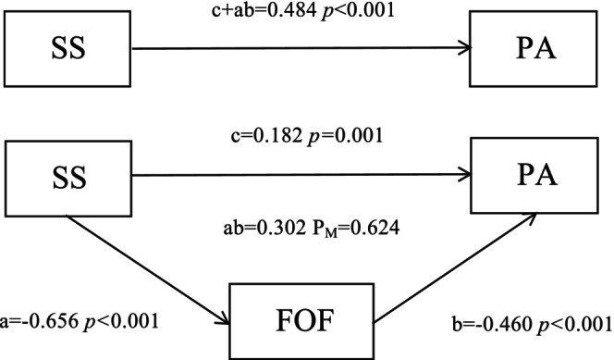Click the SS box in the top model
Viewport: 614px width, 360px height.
point(68,48)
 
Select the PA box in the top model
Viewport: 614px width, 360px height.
point(534,48)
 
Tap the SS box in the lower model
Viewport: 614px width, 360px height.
point(68,179)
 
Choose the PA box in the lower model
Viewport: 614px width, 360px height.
point(534,176)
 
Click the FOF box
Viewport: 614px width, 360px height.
point(301,321)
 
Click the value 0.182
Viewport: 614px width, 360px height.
point(277,136)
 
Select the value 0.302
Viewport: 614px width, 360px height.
point(281,228)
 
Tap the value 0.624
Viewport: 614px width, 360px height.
point(373,228)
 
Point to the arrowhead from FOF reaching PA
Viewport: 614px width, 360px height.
point(530,217)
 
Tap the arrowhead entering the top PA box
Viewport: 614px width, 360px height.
point(465,48)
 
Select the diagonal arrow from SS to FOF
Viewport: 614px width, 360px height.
point(148,270)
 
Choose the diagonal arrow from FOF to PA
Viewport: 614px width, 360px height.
point(455,268)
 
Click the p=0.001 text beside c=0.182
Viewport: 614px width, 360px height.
point(345,137)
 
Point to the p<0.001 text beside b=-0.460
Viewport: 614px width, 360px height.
point(574,325)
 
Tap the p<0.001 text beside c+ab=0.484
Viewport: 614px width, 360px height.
point(357,11)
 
